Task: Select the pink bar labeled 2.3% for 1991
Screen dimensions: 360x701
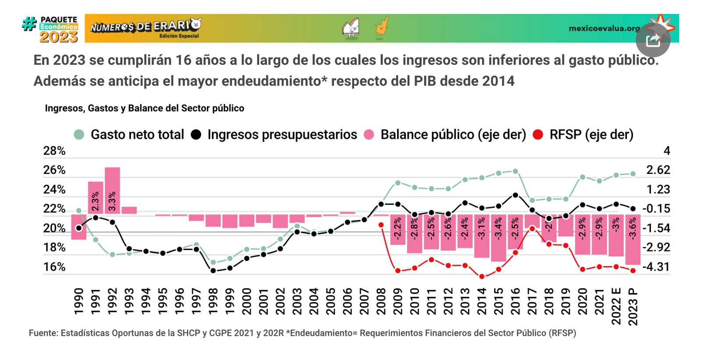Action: coord(96,198)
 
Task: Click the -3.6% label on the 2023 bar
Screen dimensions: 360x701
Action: coord(633,228)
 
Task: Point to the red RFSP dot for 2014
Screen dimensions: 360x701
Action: coord(482,276)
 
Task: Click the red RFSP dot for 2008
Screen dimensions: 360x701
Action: coord(381,225)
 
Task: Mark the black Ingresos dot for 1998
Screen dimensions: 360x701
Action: coord(213,271)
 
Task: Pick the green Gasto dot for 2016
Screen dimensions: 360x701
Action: coord(515,171)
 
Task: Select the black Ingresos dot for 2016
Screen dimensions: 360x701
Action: coord(515,195)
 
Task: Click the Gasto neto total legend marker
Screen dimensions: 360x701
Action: coord(79,134)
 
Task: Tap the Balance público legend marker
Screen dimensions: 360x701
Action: coord(369,134)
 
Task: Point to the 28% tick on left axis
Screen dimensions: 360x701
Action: coord(54,151)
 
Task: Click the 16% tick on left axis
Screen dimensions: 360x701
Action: coord(54,267)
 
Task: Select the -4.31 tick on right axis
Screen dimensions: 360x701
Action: coord(656,267)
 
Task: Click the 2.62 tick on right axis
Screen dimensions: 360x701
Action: coord(658,170)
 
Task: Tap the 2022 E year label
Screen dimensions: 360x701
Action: coord(616,306)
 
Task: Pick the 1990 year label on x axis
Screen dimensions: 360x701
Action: coord(79,301)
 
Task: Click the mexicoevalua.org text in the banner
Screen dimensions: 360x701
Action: coord(604,28)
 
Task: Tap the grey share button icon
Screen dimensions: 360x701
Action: coord(653,40)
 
